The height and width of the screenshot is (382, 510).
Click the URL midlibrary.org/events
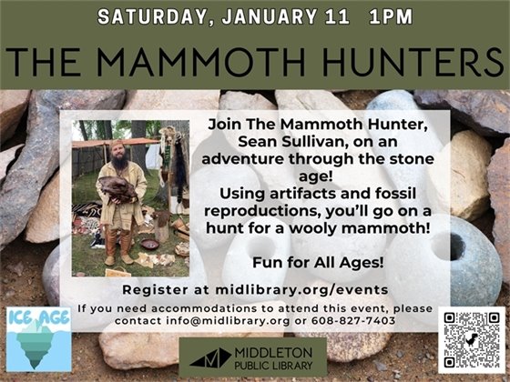point(318,290)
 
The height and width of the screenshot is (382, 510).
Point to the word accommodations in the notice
point(209,307)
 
